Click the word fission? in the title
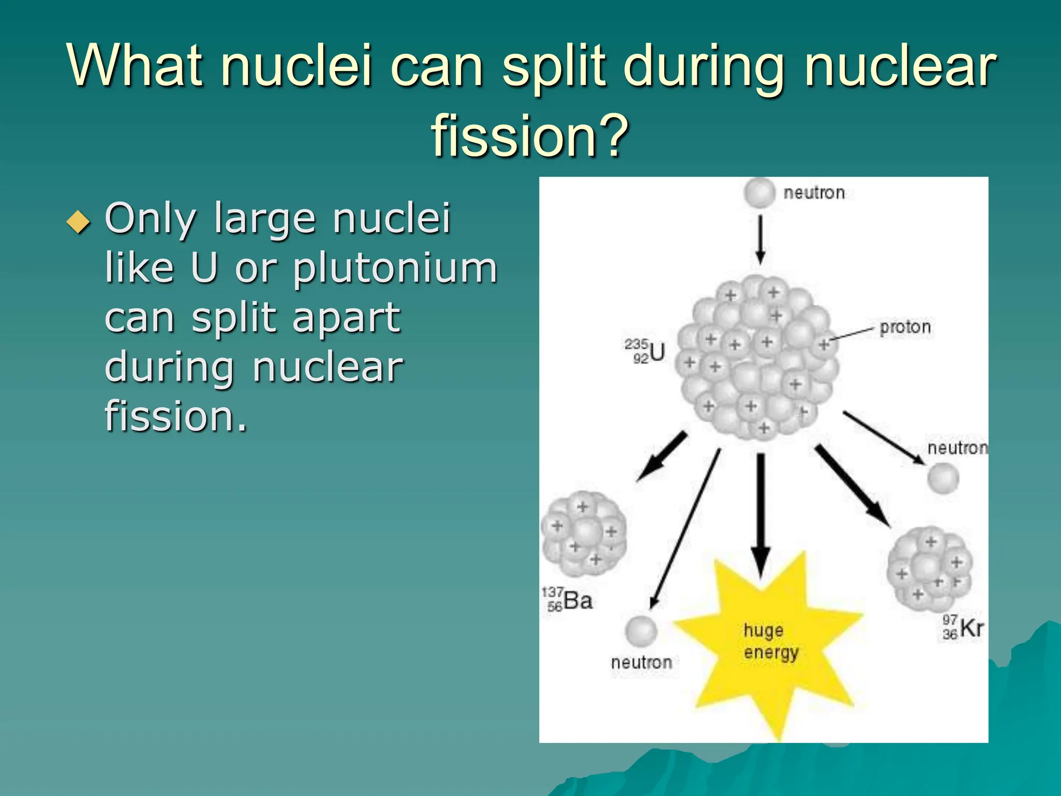coord(529,136)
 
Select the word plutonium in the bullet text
coord(395,268)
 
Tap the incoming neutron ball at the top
coord(759,193)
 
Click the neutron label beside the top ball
coord(813,193)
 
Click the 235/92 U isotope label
coord(644,351)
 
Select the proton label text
coord(905,327)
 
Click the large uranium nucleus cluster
coord(756,358)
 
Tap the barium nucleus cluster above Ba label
coord(584,534)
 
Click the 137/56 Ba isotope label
coord(568,600)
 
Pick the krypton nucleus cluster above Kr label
coord(930,567)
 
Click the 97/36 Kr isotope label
coord(962,628)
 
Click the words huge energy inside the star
coord(770,642)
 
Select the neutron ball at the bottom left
coord(641,631)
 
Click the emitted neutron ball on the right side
coord(942,478)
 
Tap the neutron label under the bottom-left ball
coord(641,662)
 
